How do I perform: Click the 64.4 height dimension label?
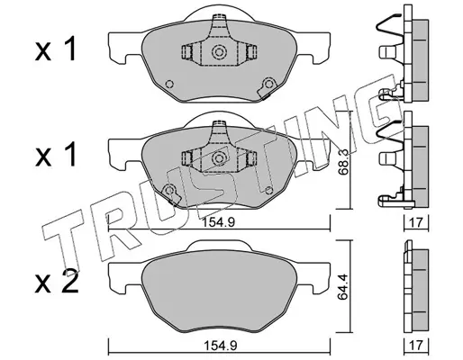coord(343,287)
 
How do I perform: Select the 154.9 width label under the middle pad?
coord(218,223)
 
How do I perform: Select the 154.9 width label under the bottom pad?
coord(221,346)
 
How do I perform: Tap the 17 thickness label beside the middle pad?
coord(416,223)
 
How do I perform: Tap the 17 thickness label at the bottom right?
coord(416,346)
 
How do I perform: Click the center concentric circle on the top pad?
coord(219,52)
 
